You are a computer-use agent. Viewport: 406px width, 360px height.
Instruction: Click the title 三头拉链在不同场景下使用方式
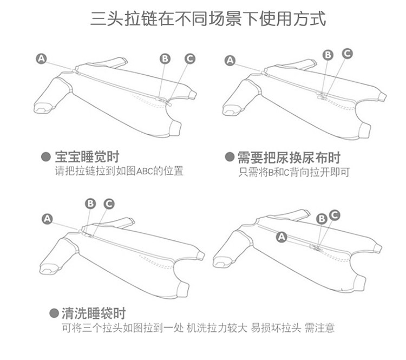[208, 20]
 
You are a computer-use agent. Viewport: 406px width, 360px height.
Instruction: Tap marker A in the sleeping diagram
[42, 59]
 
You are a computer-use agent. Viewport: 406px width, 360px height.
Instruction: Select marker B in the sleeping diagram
[166, 58]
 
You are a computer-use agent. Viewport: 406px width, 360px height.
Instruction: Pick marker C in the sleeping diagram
[189, 58]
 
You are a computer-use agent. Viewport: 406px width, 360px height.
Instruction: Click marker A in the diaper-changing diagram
[231, 61]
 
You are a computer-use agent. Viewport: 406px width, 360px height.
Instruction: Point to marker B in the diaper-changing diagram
[328, 55]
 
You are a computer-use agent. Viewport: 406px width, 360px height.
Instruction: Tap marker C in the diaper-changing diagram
[347, 53]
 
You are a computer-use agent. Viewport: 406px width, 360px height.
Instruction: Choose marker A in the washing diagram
[48, 219]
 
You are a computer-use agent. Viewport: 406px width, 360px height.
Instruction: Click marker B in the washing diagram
[90, 203]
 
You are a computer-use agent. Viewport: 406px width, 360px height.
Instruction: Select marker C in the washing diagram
[109, 203]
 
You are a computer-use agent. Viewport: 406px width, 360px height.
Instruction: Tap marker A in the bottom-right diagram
[281, 236]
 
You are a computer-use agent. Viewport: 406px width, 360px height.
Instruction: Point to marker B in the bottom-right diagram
[321, 218]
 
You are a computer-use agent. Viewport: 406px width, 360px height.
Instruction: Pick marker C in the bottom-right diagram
[334, 215]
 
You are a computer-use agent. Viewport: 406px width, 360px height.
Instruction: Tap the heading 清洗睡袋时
[93, 313]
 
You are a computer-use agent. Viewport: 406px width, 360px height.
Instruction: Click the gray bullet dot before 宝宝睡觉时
[47, 158]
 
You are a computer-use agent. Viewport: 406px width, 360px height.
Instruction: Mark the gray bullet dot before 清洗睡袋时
[54, 313]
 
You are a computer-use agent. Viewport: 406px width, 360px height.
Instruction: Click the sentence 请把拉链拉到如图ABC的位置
[119, 172]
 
